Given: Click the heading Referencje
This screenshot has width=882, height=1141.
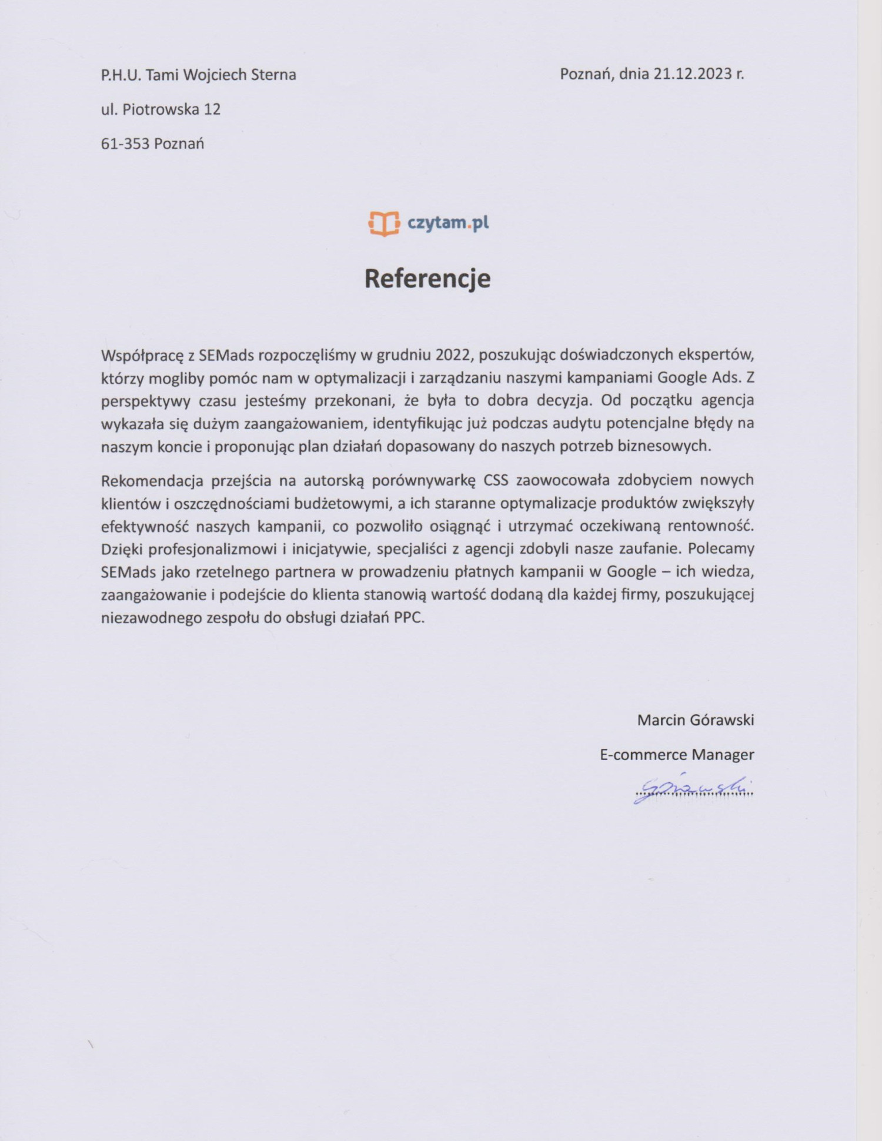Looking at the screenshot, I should [427, 279].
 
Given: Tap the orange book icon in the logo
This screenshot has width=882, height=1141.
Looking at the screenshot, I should [384, 223].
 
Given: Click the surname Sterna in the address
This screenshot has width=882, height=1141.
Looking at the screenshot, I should [273, 75].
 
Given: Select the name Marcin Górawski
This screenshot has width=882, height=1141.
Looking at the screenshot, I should [695, 720].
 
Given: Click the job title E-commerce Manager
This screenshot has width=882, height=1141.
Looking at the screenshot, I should [676, 755].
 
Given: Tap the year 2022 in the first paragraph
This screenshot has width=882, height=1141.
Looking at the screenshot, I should [452, 355].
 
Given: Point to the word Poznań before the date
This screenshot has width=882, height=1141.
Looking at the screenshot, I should [586, 74].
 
